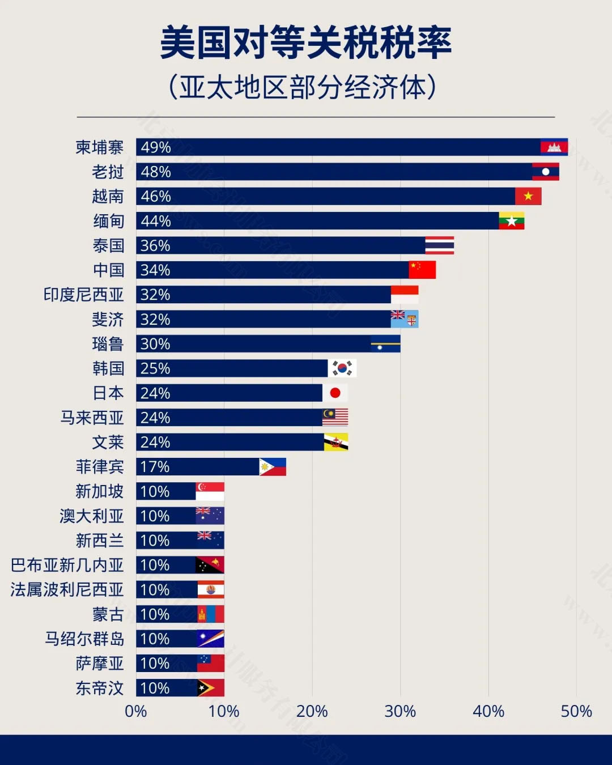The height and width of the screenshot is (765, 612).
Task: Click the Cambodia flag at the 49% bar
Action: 554,147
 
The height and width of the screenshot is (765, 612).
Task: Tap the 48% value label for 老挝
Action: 156,172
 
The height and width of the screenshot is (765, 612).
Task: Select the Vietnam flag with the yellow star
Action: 528,196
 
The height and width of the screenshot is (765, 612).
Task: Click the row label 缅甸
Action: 108,221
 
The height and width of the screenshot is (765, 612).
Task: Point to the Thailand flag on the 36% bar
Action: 440,245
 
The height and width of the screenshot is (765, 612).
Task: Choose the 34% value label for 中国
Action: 156,270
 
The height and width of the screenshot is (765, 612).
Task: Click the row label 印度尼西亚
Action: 83,295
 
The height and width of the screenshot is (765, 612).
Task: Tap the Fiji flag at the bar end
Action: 405,319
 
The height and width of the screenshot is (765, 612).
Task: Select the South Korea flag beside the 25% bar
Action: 342,368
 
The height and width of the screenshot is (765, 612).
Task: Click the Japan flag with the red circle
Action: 335,393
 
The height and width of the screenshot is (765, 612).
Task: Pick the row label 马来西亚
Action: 92,418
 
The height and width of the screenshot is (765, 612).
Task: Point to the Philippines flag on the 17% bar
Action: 273,467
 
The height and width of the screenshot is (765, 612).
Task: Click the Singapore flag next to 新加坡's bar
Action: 210,491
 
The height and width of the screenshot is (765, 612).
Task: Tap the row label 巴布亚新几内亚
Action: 67,565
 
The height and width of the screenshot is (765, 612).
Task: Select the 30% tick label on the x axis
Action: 400,711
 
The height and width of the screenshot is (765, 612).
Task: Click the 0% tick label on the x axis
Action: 136,711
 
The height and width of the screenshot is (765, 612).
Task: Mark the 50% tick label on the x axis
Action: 576,711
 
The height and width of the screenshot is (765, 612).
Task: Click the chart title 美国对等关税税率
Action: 306,43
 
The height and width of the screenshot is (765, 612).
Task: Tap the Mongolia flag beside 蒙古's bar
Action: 210,614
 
